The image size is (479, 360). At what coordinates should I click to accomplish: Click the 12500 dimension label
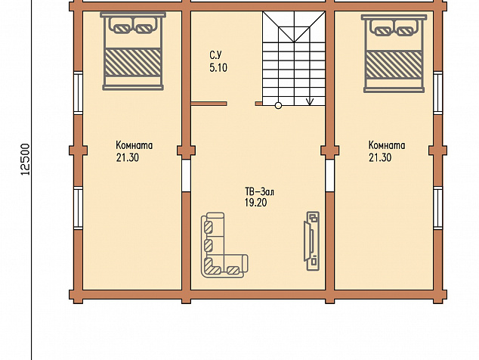26,160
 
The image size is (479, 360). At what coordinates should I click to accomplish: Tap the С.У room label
215,55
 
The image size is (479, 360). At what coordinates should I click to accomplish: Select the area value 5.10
218,67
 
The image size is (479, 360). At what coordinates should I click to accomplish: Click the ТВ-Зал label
259,192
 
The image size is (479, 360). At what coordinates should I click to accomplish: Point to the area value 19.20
255,203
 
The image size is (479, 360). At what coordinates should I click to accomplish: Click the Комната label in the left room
134,145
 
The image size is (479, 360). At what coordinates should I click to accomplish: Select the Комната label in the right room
387,145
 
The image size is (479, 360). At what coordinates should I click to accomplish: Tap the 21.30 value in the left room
128,157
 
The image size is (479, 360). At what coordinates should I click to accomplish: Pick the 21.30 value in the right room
380,157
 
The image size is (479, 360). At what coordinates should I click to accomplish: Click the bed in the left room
133,51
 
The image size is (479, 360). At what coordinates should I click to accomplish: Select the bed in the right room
394,54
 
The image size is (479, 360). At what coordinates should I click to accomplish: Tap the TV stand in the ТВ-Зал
312,241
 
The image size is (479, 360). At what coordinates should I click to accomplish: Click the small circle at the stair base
278,106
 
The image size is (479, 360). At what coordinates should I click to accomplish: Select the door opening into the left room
186,175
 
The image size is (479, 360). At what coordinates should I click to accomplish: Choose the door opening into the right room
329,175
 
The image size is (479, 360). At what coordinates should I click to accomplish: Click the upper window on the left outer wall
79,93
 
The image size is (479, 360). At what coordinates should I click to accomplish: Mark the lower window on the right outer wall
438,208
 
